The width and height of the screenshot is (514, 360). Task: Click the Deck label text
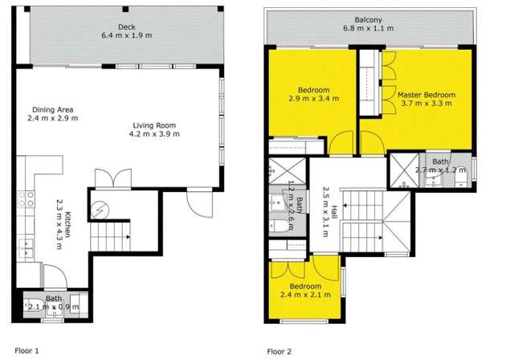[x=126, y=26]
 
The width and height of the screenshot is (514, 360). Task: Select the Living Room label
[x=157, y=125]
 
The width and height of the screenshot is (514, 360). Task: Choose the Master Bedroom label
[x=426, y=95]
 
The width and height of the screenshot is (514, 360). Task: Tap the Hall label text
[x=330, y=215]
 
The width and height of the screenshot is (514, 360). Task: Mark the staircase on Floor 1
[x=109, y=236]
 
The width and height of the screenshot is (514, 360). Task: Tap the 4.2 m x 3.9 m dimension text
[x=157, y=134]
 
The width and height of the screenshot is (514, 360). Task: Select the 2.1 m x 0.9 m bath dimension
[x=54, y=306]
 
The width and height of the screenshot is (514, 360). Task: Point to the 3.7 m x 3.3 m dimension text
[x=426, y=104]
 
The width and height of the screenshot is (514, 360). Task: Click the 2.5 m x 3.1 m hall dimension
[x=321, y=215]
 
